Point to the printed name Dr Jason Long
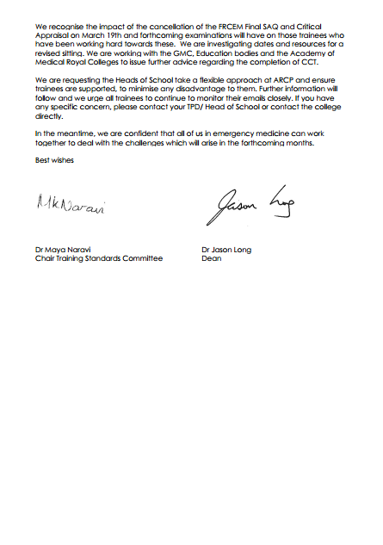click(x=227, y=250)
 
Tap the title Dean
click(x=211, y=258)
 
